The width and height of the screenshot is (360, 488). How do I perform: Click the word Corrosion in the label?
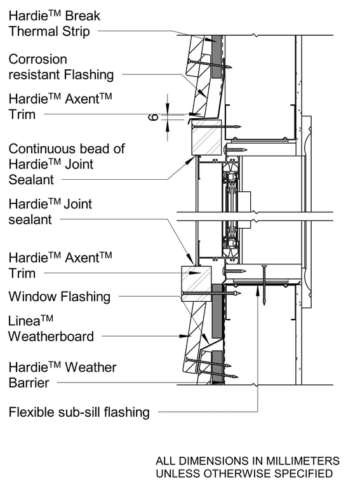point(37,59)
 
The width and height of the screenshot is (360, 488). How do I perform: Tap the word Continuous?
point(41,149)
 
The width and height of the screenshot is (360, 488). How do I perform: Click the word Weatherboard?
point(51,337)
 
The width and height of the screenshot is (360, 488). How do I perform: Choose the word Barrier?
point(29,383)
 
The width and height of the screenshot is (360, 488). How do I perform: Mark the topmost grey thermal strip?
point(217,57)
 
